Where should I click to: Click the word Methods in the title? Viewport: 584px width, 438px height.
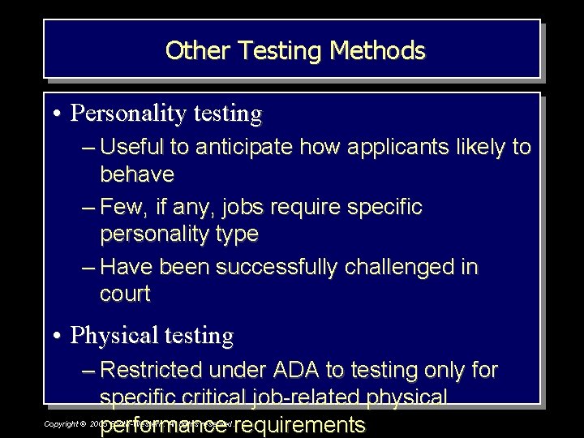(377, 50)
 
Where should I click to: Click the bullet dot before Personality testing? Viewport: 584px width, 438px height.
(60, 114)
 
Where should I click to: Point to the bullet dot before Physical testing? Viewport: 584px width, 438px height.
(60, 335)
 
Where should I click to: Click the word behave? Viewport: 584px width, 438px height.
(137, 174)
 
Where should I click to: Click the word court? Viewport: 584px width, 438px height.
(125, 294)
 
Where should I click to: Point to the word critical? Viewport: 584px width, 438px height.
(210, 397)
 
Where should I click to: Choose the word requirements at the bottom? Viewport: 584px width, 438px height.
(301, 424)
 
